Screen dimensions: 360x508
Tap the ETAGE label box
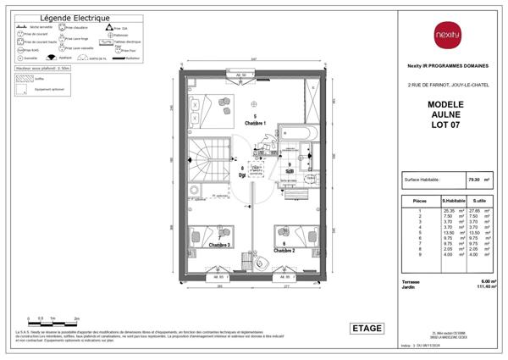pyautogui.click(x=366, y=329)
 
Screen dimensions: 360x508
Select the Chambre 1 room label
pyautogui.click(x=255, y=124)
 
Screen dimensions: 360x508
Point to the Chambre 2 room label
pyautogui.click(x=284, y=251)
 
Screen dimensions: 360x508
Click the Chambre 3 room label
pyautogui.click(x=218, y=246)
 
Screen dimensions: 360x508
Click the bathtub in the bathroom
pyautogui.click(x=297, y=134)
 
